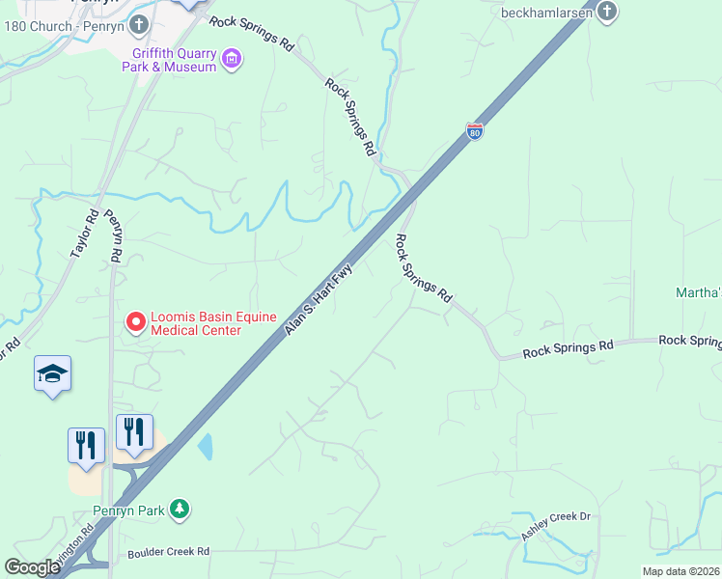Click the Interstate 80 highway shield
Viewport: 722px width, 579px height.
[x=474, y=131]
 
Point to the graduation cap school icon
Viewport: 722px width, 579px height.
[x=52, y=374]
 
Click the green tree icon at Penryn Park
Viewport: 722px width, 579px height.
[x=179, y=509]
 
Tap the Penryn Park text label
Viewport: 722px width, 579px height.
[x=129, y=510]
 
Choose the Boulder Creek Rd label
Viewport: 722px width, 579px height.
[x=169, y=553]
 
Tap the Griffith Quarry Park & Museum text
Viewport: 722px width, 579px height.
[x=169, y=60]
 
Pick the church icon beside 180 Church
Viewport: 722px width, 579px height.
[x=139, y=23]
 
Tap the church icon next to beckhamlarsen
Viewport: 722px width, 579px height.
[x=606, y=13]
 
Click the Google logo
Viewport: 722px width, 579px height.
[x=33, y=567]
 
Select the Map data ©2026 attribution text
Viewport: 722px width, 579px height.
[x=681, y=571]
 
